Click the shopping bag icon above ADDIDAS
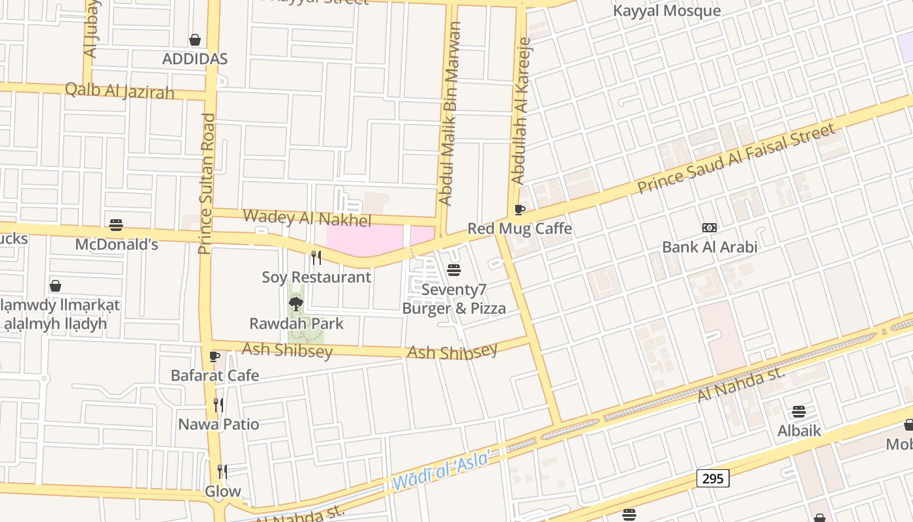pyautogui.click(x=194, y=40)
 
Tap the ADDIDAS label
pyautogui.click(x=194, y=59)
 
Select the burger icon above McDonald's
pyautogui.click(x=116, y=225)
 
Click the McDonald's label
pyautogui.click(x=117, y=245)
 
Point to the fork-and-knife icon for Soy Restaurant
pyautogui.click(x=316, y=257)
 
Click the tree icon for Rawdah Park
pyautogui.click(x=295, y=303)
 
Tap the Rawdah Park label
pyautogui.click(x=296, y=323)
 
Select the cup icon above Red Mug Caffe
pyautogui.click(x=519, y=209)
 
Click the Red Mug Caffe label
pyautogui.click(x=519, y=228)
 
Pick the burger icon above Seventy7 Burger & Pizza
pyautogui.click(x=454, y=269)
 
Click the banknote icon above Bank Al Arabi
pyautogui.click(x=710, y=227)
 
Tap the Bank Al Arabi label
pyautogui.click(x=710, y=247)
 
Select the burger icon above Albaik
pyautogui.click(x=799, y=412)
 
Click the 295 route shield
pyautogui.click(x=713, y=478)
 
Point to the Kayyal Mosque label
pyautogui.click(x=666, y=10)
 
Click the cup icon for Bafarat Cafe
pyautogui.click(x=215, y=356)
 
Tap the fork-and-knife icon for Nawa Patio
pyautogui.click(x=218, y=405)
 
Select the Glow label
pyautogui.click(x=223, y=491)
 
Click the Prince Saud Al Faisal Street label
pyautogui.click(x=736, y=159)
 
